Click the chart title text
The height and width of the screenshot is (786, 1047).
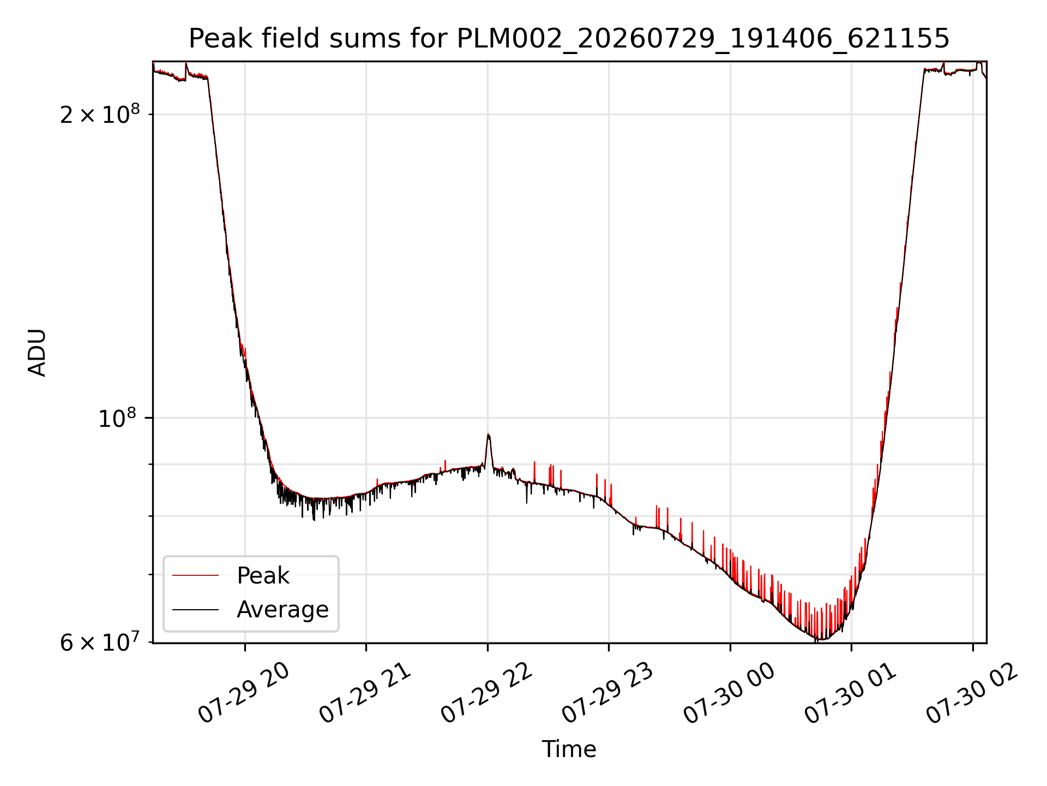click(569, 39)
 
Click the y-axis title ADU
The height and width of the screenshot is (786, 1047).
click(37, 353)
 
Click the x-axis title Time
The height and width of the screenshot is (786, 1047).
click(569, 749)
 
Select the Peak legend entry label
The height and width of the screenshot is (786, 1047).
click(263, 575)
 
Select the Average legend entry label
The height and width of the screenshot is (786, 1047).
click(282, 609)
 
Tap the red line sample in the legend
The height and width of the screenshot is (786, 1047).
click(195, 575)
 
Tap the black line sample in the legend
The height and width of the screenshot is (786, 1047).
click(195, 610)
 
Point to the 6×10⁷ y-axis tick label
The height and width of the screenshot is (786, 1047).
click(100, 642)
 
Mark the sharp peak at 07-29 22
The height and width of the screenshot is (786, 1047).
click(489, 434)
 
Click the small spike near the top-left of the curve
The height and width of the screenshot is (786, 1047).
click(186, 63)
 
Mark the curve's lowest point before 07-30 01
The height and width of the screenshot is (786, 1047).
click(821, 640)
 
